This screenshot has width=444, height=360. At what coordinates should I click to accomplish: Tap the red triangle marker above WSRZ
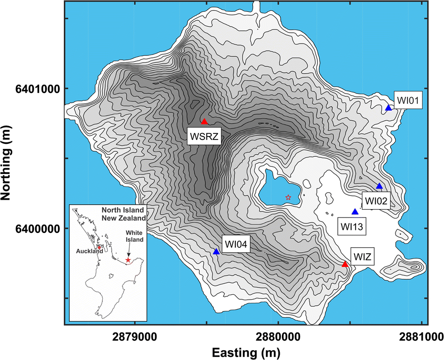(x=204, y=122)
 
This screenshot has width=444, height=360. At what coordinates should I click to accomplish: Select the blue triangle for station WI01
(x=389, y=108)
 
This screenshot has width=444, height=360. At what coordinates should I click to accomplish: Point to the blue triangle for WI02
(x=380, y=186)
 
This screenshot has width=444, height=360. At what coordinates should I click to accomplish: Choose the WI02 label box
(x=377, y=201)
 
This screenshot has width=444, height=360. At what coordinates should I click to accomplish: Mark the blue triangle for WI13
(x=355, y=212)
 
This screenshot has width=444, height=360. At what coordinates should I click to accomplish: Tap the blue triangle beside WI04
(x=216, y=252)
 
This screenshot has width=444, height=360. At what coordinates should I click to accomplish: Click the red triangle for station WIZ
(x=345, y=264)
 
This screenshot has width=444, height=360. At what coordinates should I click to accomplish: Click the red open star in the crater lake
(x=288, y=197)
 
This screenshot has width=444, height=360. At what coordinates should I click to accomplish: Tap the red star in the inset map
(x=128, y=260)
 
